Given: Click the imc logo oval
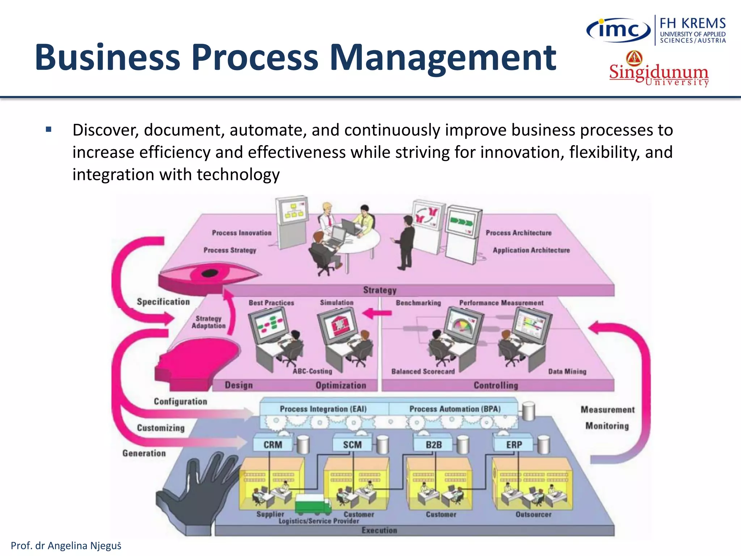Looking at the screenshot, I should tap(618, 30).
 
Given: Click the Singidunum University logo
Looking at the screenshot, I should tap(659, 71).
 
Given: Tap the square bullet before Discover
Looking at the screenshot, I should tap(49, 129).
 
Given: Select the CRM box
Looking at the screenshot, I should tap(272, 445).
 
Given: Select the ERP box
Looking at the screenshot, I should tap(513, 445).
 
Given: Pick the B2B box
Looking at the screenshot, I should tap(433, 445).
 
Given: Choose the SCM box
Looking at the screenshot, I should tap(352, 445).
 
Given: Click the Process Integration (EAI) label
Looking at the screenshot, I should tap(323, 409).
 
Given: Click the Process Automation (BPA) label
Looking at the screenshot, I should tap(455, 409).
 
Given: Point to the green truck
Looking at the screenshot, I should tap(313, 504).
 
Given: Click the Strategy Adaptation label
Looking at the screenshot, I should tap(208, 322).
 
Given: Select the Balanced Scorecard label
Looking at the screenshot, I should tap(423, 371).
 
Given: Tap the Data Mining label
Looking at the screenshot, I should tap(567, 371).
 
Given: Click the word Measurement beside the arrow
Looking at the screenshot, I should tap(607, 409).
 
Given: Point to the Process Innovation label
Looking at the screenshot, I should tap(241, 233).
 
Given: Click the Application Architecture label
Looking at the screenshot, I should tap(531, 250).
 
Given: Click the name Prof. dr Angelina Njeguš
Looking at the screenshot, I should tap(66, 546).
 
